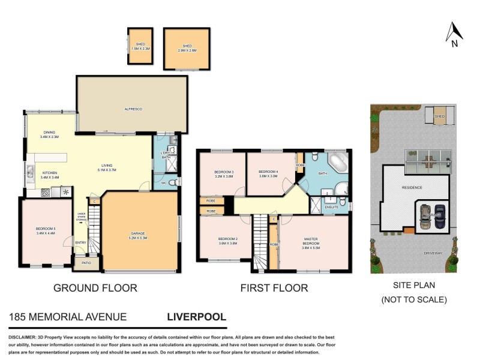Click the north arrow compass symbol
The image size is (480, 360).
(454, 34)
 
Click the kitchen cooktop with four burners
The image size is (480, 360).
(46, 193)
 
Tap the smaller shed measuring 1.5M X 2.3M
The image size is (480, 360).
(140, 46)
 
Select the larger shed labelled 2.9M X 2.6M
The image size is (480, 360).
(187, 49)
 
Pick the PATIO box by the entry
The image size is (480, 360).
(86, 262)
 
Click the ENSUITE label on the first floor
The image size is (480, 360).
(332, 207)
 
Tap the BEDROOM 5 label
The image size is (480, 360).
(46, 230)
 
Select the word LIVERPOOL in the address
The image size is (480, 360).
(196, 316)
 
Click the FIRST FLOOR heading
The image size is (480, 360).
(274, 288)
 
